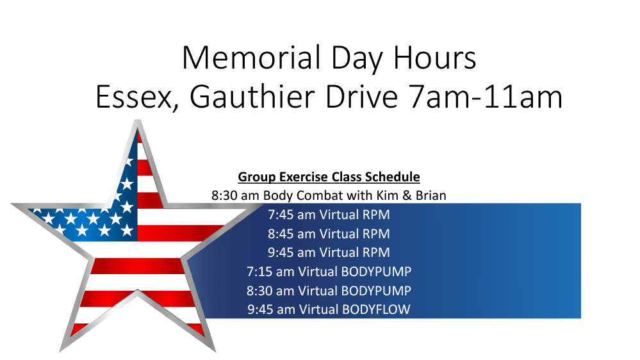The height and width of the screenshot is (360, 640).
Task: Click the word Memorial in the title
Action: pyautogui.click(x=251, y=58)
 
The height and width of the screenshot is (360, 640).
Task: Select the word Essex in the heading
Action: pyautogui.click(x=134, y=97)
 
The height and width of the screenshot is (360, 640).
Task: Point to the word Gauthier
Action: pyautogui.click(x=252, y=97)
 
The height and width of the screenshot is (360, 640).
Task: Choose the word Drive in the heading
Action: pyautogui.click(x=361, y=97)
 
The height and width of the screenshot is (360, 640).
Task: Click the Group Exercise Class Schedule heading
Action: pyautogui.click(x=329, y=177)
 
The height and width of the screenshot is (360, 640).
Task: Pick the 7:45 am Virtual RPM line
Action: pyautogui.click(x=329, y=215)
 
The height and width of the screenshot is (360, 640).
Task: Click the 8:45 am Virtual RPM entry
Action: pyautogui.click(x=329, y=234)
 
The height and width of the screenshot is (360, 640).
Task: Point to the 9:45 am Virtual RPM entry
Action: pyautogui.click(x=329, y=252)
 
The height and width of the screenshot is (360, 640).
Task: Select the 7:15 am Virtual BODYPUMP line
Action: pyautogui.click(x=329, y=272)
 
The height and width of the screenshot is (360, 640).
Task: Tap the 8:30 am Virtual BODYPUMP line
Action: pyautogui.click(x=329, y=291)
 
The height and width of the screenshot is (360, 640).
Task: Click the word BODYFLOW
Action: pyautogui.click(x=376, y=309)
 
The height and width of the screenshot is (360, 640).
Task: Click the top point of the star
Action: pyautogui.click(x=138, y=121)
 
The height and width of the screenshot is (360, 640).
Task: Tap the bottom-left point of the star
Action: pyautogui.click(x=61, y=350)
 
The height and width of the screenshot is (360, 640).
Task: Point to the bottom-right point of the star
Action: pyautogui.click(x=214, y=350)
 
